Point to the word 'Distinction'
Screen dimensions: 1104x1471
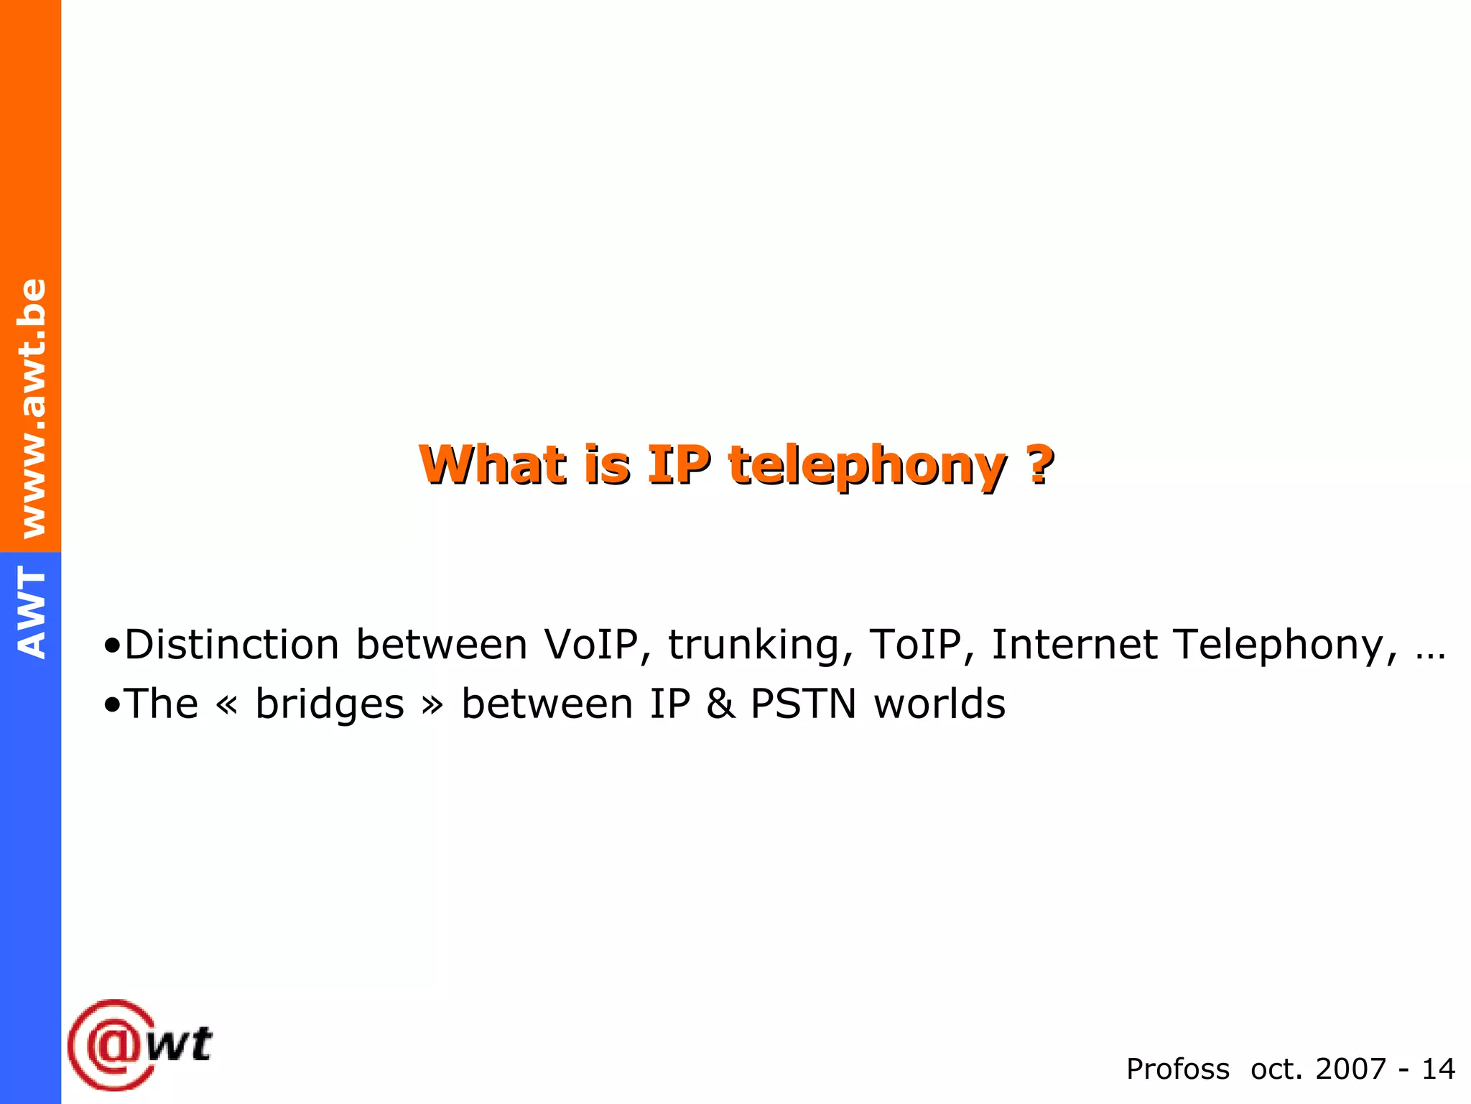pyautogui.click(x=232, y=644)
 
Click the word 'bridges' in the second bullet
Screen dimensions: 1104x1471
pyautogui.click(x=330, y=704)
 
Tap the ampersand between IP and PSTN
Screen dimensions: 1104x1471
pyautogui.click(x=721, y=704)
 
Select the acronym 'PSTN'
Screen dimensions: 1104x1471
pyautogui.click(x=804, y=704)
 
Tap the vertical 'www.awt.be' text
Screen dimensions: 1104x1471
pyautogui.click(x=32, y=408)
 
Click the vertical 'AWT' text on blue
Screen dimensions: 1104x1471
pyautogui.click(x=32, y=612)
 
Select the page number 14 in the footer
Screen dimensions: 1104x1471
pyautogui.click(x=1438, y=1069)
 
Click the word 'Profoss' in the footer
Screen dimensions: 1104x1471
pyautogui.click(x=1177, y=1069)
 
